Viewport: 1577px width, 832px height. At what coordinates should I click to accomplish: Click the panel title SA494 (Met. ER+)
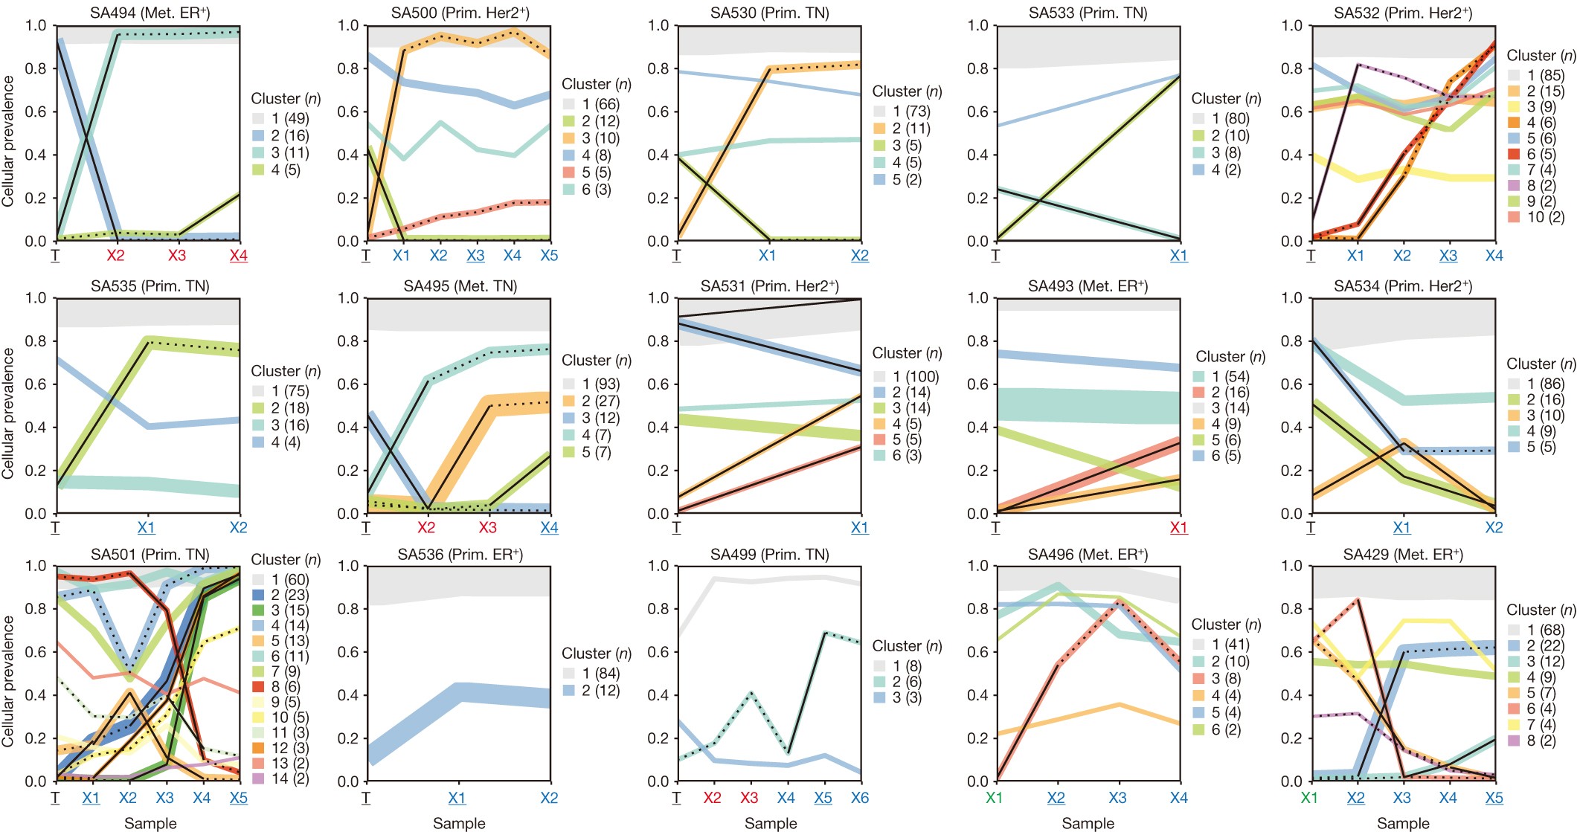149,13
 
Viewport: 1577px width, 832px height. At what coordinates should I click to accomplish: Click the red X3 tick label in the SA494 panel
176,256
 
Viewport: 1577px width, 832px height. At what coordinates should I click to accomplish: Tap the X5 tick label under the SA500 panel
549,256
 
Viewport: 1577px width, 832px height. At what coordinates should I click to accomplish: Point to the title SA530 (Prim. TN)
769,13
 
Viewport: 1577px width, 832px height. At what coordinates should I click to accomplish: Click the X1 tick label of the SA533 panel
1178,256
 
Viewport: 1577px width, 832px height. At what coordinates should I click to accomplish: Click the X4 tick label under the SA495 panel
549,528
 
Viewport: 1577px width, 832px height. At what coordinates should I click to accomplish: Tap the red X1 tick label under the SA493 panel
1178,528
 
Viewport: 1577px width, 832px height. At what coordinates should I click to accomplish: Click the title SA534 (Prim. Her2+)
1402,286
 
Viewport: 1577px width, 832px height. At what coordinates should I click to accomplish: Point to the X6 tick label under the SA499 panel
859,798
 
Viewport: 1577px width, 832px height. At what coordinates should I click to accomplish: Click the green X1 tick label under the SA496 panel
995,798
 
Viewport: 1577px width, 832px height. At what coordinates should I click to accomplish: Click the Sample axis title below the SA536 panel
459,823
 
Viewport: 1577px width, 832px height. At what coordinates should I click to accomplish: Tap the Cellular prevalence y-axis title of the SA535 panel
8,413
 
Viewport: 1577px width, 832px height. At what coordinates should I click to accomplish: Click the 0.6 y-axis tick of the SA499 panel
659,652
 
